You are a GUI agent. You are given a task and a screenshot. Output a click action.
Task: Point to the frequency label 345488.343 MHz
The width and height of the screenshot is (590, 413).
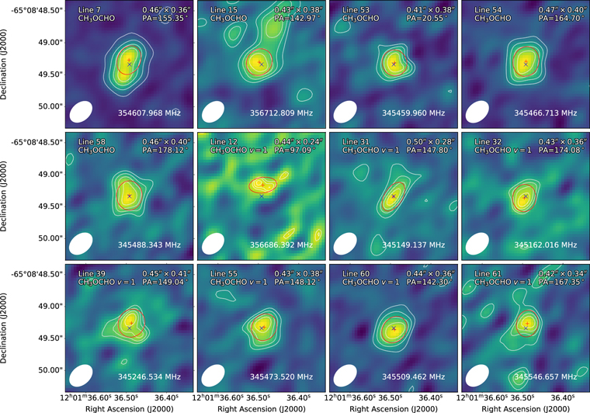pyautogui.click(x=148, y=245)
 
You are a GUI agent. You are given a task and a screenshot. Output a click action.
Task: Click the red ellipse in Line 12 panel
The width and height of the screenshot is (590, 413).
pyautogui.click(x=262, y=186)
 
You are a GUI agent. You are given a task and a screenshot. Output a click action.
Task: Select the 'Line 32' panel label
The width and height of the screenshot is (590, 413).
pyautogui.click(x=481, y=141)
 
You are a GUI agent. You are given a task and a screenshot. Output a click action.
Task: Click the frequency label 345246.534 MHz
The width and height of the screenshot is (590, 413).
pyautogui.click(x=148, y=377)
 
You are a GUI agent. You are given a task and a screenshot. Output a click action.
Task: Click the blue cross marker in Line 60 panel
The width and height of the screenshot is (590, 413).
pyautogui.click(x=394, y=328)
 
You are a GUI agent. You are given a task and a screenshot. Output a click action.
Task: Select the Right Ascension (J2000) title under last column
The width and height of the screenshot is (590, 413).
pyautogui.click(x=525, y=408)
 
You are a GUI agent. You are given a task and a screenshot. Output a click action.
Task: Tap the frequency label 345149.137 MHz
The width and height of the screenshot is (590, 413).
pyautogui.click(x=413, y=245)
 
